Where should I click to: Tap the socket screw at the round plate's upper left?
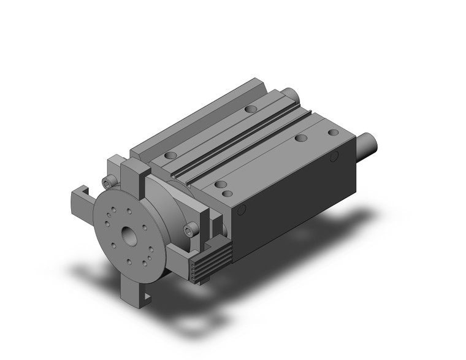coord(110,181)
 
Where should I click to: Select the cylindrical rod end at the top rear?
coord(290,93)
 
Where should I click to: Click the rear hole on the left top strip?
coord(249,109)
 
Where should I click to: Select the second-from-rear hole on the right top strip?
coord(300,139)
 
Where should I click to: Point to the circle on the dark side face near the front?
coord(242,212)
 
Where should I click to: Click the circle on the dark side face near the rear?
coord(335,158)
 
